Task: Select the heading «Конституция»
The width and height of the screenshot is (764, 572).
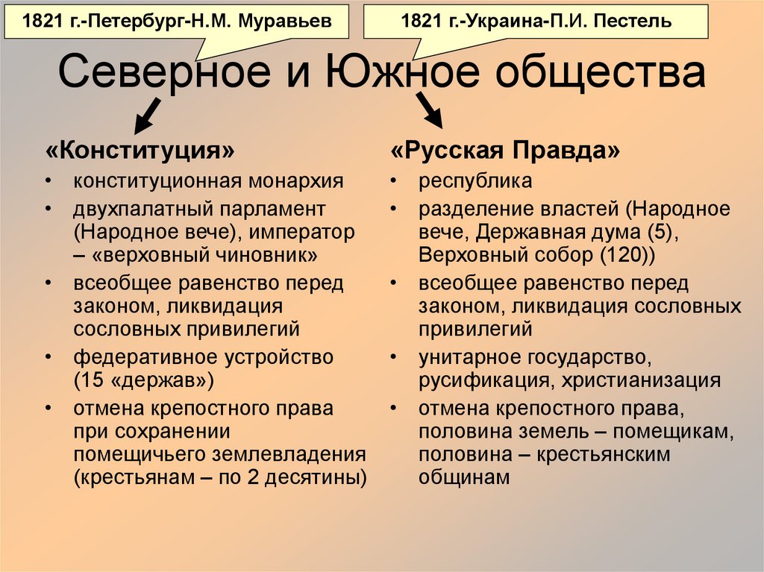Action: (140, 151)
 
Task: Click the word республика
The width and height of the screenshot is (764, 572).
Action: (475, 181)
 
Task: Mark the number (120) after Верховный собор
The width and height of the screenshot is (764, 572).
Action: (625, 254)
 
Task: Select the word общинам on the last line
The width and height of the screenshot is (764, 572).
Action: (463, 477)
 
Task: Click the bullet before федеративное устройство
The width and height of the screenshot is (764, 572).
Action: (48, 357)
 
